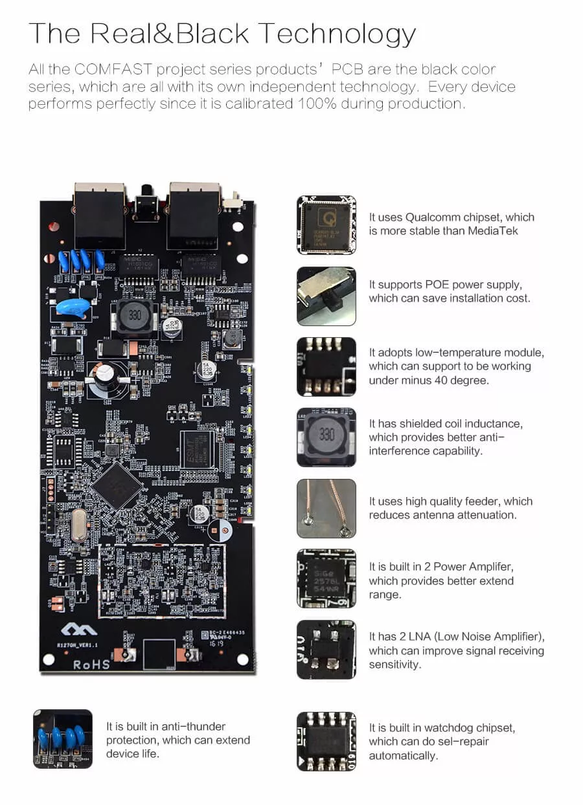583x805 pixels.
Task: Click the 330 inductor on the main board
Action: tap(134, 316)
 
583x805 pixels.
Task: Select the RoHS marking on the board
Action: tap(91, 664)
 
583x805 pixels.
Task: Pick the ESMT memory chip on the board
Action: tap(196, 448)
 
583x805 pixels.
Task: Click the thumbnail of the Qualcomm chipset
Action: tap(326, 225)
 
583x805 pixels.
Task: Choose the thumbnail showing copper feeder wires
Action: tap(326, 508)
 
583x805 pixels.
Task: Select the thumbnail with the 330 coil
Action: tap(326, 437)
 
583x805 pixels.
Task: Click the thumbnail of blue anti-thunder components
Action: tap(63, 738)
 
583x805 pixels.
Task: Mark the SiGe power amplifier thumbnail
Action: tap(326, 579)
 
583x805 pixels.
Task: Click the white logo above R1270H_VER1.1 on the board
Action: tap(79, 629)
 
